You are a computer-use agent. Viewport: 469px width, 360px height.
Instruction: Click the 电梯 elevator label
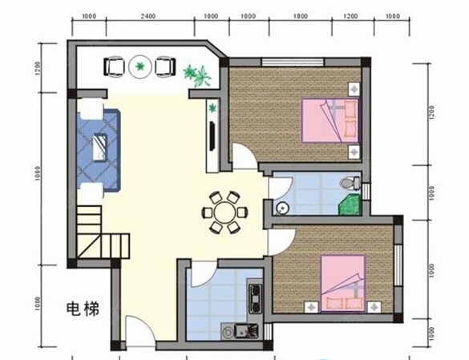(x=83, y=309)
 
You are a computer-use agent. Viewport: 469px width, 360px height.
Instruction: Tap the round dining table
(x=225, y=212)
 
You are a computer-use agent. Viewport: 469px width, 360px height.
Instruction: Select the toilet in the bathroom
(x=350, y=183)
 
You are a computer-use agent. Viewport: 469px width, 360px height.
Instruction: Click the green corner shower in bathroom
(x=350, y=204)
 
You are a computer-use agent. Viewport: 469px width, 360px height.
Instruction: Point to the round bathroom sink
(x=281, y=208)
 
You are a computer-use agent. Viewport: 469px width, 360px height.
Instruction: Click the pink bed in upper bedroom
(x=330, y=121)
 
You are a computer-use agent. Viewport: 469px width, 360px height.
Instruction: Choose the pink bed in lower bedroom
(x=343, y=283)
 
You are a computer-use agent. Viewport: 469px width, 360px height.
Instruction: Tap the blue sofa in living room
(x=99, y=149)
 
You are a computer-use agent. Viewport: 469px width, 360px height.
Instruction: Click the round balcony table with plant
(x=139, y=67)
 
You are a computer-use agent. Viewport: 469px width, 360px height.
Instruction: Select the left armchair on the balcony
(x=114, y=67)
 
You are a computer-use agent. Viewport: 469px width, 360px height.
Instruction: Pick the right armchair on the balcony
(x=165, y=67)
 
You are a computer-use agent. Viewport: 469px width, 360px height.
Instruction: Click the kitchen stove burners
(x=256, y=298)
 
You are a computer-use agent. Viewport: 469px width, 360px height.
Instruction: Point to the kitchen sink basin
(x=241, y=331)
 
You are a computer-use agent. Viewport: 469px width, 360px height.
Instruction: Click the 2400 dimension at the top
(x=148, y=16)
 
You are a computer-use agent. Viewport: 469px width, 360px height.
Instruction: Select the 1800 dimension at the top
(x=301, y=16)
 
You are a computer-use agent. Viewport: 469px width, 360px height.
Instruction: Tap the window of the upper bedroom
(x=293, y=62)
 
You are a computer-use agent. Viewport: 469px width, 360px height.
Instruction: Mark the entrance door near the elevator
(x=140, y=332)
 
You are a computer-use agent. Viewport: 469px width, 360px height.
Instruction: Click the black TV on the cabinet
(x=212, y=136)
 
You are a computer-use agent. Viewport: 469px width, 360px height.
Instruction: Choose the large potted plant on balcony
(x=197, y=75)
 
